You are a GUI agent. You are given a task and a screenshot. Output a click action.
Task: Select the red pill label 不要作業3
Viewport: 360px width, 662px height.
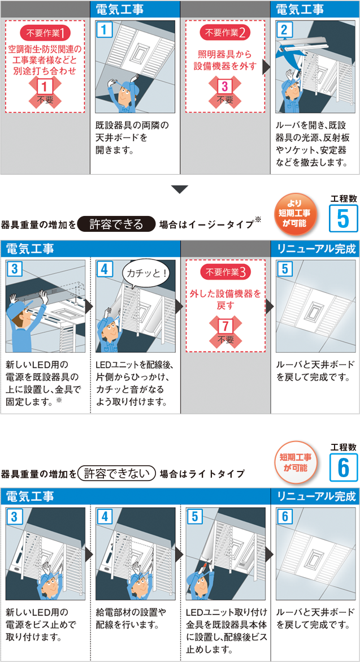coord(226,272)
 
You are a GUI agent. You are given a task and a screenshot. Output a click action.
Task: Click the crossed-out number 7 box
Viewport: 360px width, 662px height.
coord(225,327)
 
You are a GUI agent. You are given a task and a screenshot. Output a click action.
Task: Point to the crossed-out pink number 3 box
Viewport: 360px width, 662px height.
coord(225,88)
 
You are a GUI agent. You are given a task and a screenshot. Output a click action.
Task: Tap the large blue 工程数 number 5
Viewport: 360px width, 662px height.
coord(342,218)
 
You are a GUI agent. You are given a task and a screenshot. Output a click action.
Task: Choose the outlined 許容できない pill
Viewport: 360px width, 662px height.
coord(118,473)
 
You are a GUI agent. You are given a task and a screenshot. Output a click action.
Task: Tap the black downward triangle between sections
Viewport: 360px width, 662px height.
coord(180,189)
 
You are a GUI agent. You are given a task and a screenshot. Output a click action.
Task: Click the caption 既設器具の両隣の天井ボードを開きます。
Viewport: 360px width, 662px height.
coord(126,138)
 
